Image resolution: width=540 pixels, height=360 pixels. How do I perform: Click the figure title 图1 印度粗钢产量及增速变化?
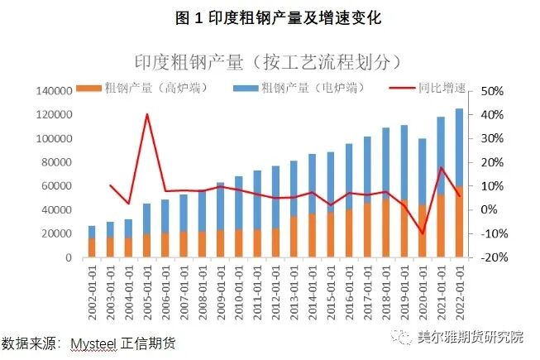[x=270, y=17]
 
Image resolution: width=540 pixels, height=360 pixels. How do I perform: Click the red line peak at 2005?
[x=147, y=114]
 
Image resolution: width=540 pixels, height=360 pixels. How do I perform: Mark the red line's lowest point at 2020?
[x=423, y=234]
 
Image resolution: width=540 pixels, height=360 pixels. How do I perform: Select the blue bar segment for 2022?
[x=459, y=149]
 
